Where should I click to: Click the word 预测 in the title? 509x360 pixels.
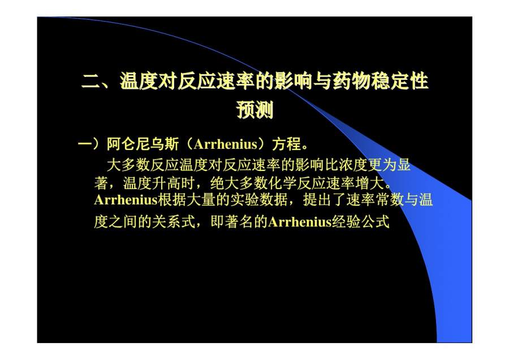point(255,109)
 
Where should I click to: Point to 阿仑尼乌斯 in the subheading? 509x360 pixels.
point(143,144)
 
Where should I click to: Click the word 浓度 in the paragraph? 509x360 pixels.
point(353,165)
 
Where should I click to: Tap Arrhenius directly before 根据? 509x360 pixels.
point(126,200)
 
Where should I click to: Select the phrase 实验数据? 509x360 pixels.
point(258,200)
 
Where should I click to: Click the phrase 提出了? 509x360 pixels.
point(323,200)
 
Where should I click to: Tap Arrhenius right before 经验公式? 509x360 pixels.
point(300,222)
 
